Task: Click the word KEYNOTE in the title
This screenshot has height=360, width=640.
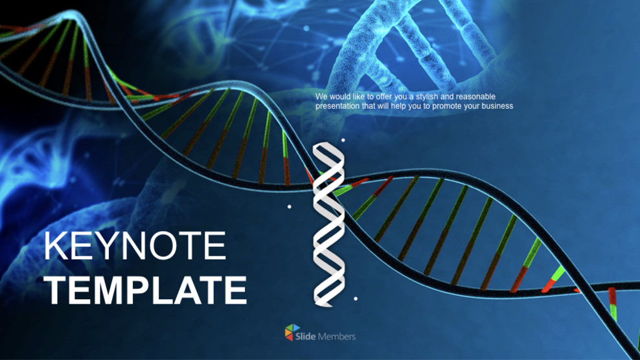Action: coord(135,247)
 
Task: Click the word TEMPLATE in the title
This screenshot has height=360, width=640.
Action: coord(146,290)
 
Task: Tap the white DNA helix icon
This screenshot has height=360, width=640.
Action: coord(327,224)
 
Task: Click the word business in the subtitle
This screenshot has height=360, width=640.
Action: coord(496,106)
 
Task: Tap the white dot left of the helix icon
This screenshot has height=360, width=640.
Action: coord(290,207)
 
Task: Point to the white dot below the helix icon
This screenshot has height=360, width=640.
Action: coord(356,298)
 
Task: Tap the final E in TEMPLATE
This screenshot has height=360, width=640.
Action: coord(236,290)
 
